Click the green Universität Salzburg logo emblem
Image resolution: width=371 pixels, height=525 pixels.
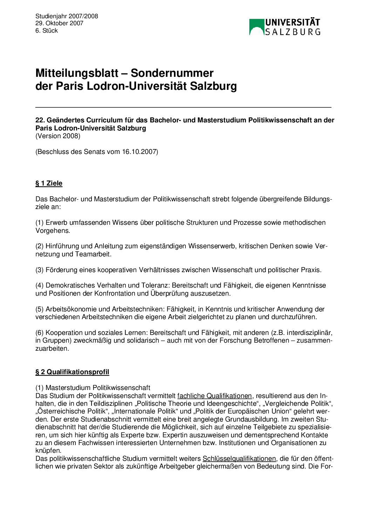coord(256,27)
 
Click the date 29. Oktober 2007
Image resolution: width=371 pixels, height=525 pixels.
coord(59,23)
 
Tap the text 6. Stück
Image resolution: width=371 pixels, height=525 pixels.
coord(46,31)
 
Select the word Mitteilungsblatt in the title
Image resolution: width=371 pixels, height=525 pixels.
coord(77,73)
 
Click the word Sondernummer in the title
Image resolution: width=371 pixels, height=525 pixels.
coord(172,73)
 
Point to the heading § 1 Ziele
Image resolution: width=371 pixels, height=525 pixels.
coord(49,183)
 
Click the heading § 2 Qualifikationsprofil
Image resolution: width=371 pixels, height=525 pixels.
coord(72,372)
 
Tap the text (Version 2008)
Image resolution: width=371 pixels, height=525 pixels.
coord(58,136)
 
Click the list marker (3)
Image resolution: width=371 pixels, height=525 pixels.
coord(39,270)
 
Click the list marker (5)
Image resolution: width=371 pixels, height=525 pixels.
coord(39,309)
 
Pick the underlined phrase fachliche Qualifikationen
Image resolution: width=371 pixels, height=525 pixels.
coord(215,396)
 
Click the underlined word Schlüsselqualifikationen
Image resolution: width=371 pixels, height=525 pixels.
coord(239,459)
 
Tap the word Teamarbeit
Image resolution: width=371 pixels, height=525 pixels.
coord(93,254)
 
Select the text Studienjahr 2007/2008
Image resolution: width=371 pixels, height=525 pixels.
coord(67,16)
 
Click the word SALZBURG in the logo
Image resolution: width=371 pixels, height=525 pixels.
coord(292,32)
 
